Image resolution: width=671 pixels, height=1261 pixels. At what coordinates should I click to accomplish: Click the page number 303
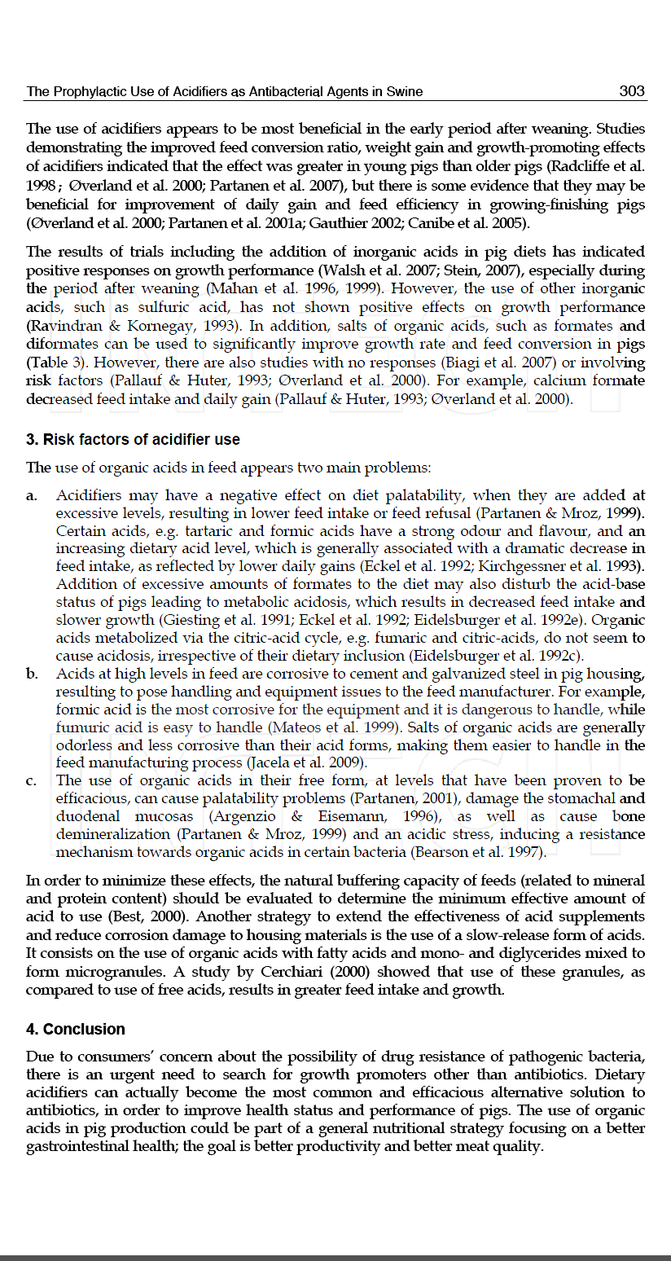[x=631, y=91]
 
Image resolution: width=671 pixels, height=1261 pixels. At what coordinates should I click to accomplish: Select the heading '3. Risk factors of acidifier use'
[x=133, y=440]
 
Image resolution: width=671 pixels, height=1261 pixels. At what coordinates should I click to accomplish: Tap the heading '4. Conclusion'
[x=76, y=1030]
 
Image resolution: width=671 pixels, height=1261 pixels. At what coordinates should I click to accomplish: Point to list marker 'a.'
[x=32, y=495]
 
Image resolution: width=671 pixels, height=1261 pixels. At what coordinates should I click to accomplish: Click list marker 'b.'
[x=32, y=674]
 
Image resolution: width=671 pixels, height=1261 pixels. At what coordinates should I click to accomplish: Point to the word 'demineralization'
[x=105, y=835]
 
